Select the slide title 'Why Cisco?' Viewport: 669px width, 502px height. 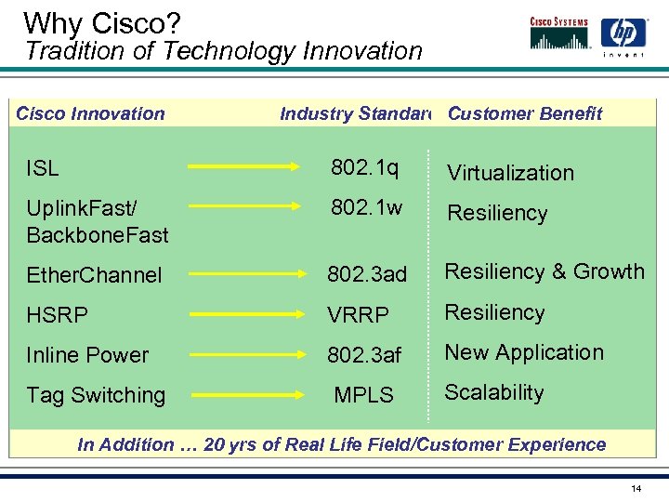(x=89, y=22)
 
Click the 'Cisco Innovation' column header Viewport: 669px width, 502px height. (x=90, y=114)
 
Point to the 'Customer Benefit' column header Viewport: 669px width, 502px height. (x=525, y=114)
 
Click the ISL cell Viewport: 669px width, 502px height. (x=43, y=168)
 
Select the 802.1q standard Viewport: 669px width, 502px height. (x=365, y=168)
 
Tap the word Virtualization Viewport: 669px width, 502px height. (x=510, y=173)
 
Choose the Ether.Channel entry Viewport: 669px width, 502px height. (x=94, y=275)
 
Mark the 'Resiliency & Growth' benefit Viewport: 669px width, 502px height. (x=544, y=271)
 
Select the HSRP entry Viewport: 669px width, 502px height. (x=58, y=315)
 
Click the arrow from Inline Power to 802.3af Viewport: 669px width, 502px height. (x=249, y=355)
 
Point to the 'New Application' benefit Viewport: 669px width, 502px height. (x=524, y=352)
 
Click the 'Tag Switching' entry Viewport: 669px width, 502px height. (x=96, y=395)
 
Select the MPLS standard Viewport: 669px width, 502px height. (x=363, y=395)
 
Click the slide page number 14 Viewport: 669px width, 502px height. (x=636, y=488)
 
